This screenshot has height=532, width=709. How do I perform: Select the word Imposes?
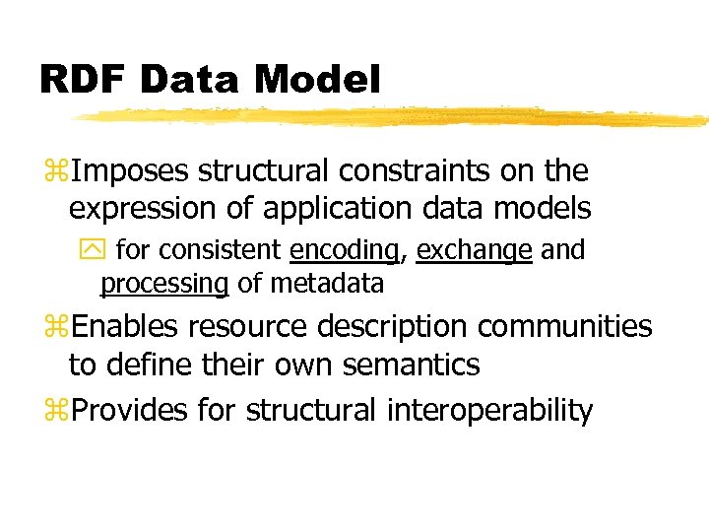(x=132, y=171)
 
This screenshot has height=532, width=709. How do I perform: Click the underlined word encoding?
(x=345, y=251)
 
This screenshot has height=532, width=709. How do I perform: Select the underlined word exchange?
(x=475, y=251)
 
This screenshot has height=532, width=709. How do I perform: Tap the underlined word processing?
(x=164, y=284)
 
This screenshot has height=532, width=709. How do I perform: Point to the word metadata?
(x=326, y=284)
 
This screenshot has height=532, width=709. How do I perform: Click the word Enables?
(x=126, y=326)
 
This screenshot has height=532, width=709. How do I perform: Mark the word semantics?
(x=412, y=365)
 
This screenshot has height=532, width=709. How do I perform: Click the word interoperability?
(x=486, y=410)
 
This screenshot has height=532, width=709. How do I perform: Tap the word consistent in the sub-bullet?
(x=218, y=251)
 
